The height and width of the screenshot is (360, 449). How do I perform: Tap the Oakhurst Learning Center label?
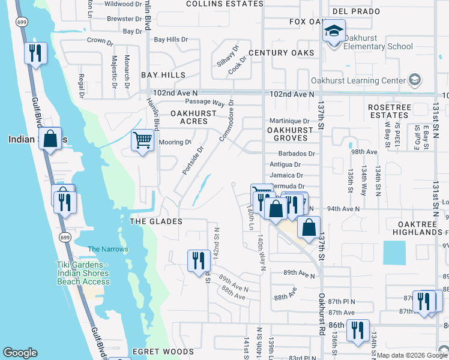pos(358,80)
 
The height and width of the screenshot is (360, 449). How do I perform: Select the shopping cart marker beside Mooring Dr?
pos(143,141)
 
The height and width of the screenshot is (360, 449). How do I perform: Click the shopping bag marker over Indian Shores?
pos(51,139)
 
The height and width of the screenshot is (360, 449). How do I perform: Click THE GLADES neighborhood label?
pos(155,221)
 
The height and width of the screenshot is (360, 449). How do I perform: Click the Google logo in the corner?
pos(20,353)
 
